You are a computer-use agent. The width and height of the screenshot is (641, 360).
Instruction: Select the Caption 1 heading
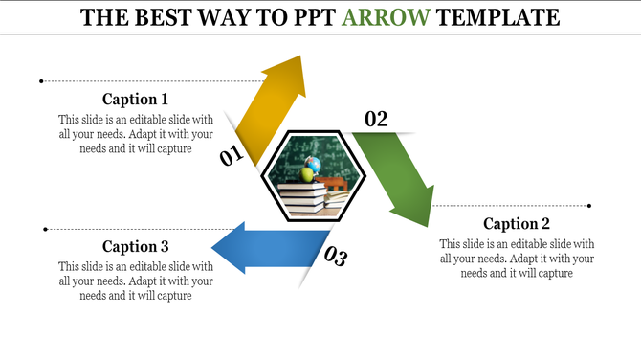[x=135, y=99]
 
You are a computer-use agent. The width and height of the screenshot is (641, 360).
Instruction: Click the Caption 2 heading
[x=517, y=223]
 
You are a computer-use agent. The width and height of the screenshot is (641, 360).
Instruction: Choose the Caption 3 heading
[x=135, y=246]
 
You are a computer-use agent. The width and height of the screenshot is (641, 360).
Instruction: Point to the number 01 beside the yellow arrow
[x=231, y=156]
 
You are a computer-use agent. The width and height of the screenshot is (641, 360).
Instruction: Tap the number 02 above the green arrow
[x=376, y=119]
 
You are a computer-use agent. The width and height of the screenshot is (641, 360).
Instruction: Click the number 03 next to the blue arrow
[x=335, y=256]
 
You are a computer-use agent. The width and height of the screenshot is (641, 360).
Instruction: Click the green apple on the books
[x=307, y=175]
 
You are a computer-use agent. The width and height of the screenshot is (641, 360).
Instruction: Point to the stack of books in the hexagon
[x=302, y=199]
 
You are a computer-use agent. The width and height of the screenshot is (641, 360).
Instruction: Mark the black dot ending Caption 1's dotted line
[x=41, y=81]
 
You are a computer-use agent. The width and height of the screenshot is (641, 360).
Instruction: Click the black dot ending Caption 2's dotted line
[x=589, y=205]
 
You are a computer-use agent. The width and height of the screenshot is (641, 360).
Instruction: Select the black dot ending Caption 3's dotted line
[x=45, y=229]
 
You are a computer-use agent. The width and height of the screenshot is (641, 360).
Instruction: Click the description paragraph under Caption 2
[x=517, y=259]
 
